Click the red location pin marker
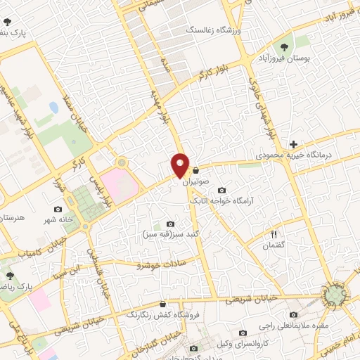tap(180, 165)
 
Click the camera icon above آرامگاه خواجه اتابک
tap(222, 190)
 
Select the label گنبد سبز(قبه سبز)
tap(169, 233)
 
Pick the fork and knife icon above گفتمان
tap(275, 233)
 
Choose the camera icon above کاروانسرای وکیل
tap(243, 333)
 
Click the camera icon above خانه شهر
tap(58, 209)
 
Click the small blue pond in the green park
tap(54, 108)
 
